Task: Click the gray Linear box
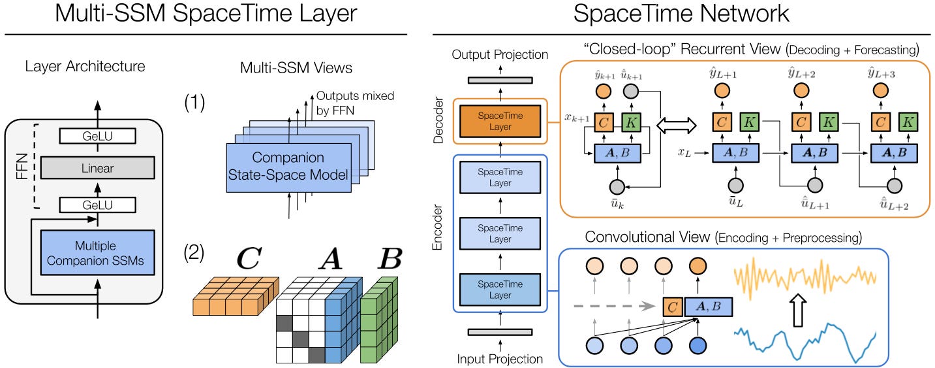(97, 168)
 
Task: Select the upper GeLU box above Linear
(97, 136)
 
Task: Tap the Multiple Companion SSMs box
(97, 252)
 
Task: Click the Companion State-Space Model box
(288, 168)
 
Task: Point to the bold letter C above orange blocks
(249, 258)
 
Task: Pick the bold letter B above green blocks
(390, 258)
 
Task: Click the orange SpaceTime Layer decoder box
(500, 122)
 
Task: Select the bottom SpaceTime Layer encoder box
(500, 290)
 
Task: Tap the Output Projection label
(500, 54)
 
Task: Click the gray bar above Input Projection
(500, 332)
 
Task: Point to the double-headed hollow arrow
(676, 125)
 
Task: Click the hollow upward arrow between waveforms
(799, 310)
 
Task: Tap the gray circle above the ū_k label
(617, 186)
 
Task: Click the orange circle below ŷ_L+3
(880, 90)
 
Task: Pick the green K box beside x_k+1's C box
(631, 122)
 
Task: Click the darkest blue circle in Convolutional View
(698, 345)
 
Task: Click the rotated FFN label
(22, 167)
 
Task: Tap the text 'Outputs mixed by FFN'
(355, 103)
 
